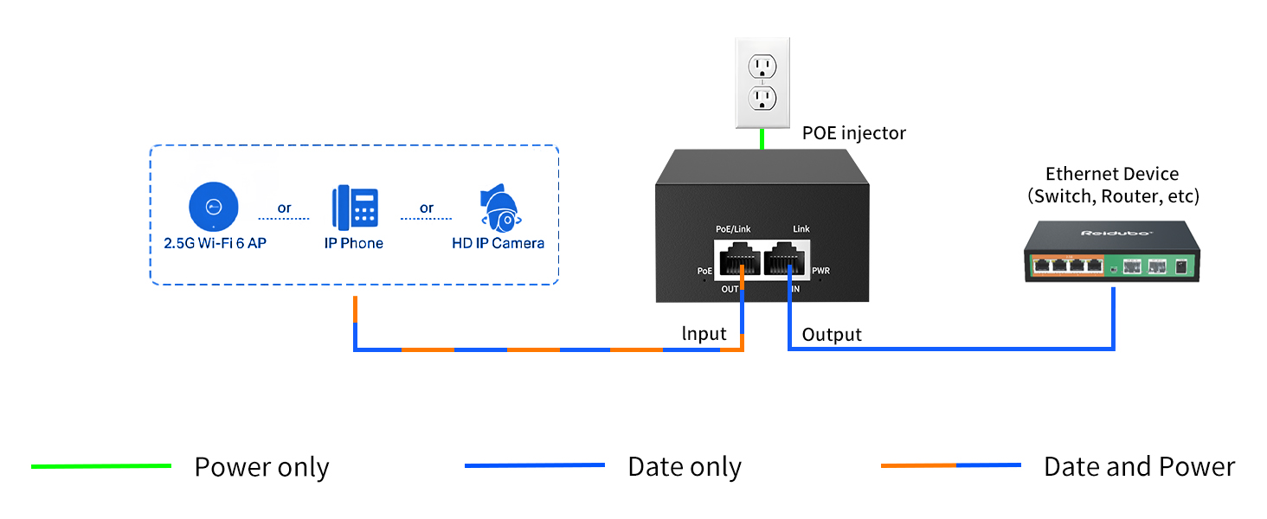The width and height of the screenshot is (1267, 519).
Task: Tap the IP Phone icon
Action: pyautogui.click(x=354, y=207)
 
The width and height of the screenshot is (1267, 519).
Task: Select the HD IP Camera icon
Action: pyautogui.click(x=498, y=207)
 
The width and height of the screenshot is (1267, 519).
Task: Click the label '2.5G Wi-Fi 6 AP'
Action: pyautogui.click(x=215, y=244)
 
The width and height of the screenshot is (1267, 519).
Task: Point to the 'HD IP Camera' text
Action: pyautogui.click(x=498, y=244)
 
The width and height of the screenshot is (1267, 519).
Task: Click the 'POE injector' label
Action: pyautogui.click(x=853, y=133)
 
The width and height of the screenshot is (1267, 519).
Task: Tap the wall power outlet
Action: pyautogui.click(x=762, y=82)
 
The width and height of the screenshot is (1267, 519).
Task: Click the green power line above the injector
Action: pyautogui.click(x=762, y=138)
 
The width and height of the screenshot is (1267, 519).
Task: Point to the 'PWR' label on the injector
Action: pyautogui.click(x=820, y=271)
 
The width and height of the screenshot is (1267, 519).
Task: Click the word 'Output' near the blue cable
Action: pyautogui.click(x=832, y=335)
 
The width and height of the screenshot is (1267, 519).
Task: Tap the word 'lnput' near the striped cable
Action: pyautogui.click(x=704, y=334)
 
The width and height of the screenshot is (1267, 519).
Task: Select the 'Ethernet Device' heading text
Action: pyautogui.click(x=1112, y=174)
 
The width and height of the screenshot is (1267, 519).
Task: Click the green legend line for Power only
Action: pyautogui.click(x=101, y=466)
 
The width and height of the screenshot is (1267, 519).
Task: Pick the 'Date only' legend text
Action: pyautogui.click(x=685, y=467)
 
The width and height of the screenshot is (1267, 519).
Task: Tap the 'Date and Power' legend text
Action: pyautogui.click(x=1139, y=467)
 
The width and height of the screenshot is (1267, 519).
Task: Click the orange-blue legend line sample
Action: pyautogui.click(x=950, y=465)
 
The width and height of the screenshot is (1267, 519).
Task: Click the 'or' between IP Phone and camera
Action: pyautogui.click(x=427, y=208)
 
